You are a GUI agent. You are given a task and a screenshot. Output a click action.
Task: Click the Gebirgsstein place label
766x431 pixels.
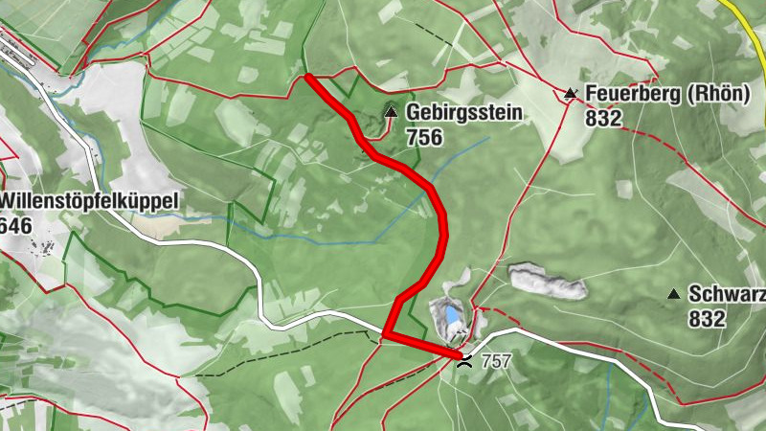tap(464, 113)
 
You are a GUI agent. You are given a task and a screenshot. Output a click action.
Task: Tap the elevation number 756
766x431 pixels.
tap(423, 137)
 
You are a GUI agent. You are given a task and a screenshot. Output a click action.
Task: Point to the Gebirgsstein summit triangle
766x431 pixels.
tap(391, 113)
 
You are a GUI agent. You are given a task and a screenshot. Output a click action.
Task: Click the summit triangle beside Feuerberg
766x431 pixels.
tap(571, 94)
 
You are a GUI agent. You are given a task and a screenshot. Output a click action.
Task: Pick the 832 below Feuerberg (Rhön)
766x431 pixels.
tap(603, 119)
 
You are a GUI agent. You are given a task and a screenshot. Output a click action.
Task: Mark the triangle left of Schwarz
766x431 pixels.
tap(674, 295)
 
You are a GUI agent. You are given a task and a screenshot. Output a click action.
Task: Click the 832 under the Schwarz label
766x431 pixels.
tap(707, 320)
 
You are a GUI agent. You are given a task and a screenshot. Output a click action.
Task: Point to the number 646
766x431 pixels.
tap(15, 226)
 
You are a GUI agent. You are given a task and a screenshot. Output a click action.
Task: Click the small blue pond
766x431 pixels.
tap(444, 312)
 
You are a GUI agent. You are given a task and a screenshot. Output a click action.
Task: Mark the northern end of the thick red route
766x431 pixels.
tap(307, 77)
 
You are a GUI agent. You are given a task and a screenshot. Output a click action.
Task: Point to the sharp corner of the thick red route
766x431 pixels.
tap(386, 334)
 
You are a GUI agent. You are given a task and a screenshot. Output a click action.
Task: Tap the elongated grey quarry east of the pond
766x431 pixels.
tap(547, 282)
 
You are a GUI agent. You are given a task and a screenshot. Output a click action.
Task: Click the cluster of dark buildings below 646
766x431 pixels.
tap(43, 248)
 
